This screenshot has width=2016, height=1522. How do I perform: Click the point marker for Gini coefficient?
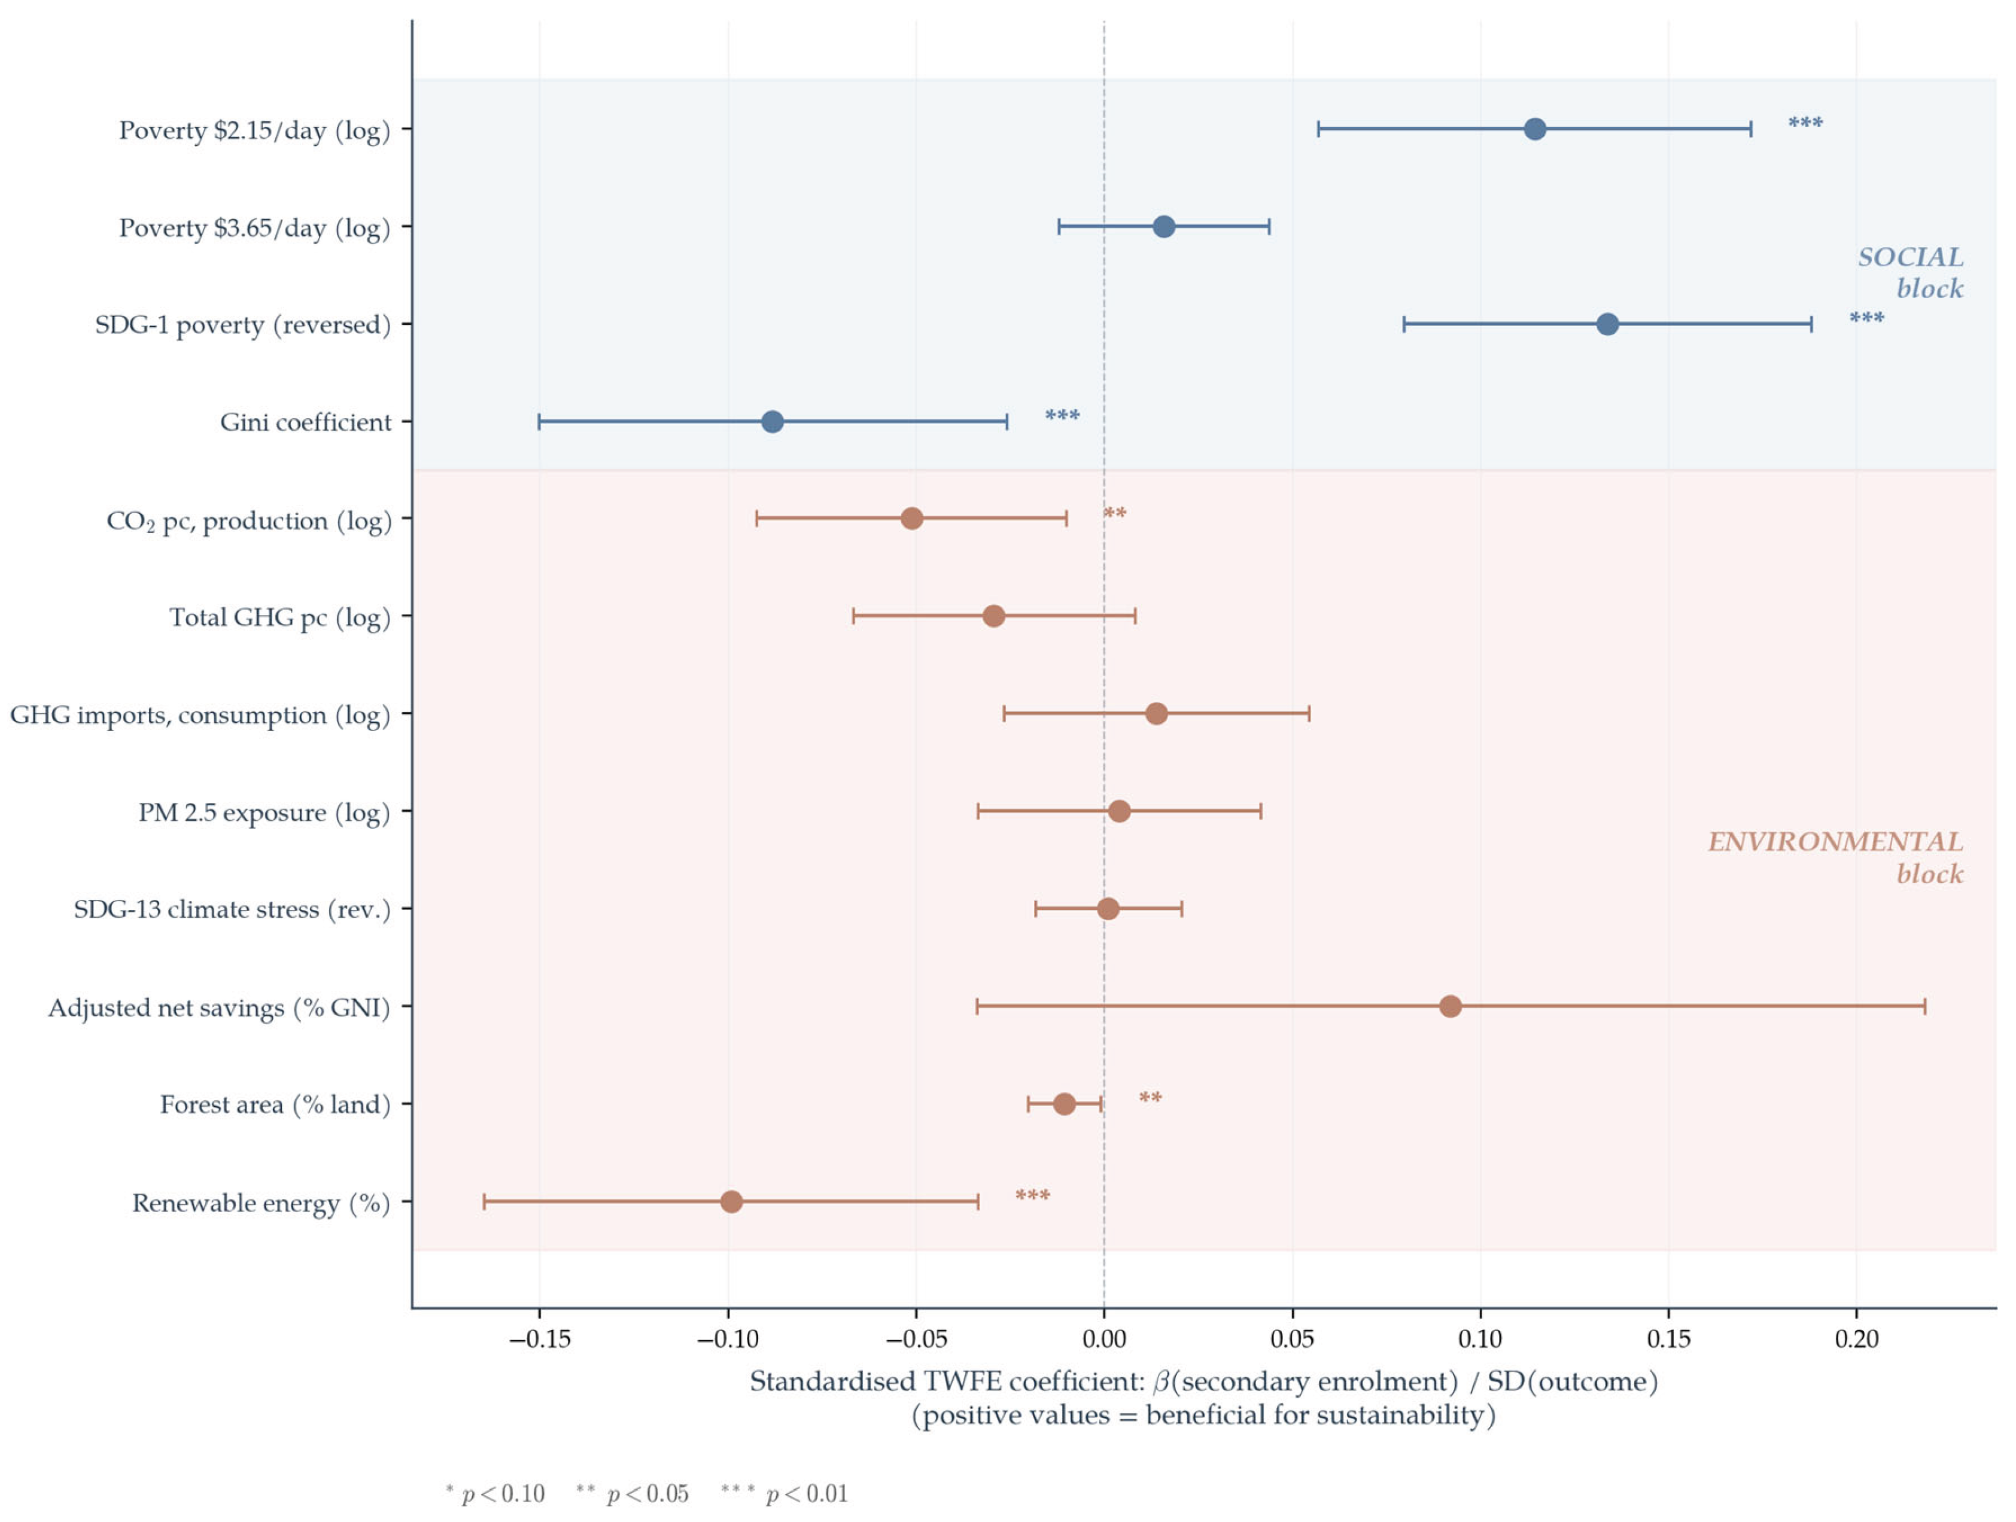(x=772, y=422)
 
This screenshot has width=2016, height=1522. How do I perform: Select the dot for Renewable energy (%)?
(x=731, y=1201)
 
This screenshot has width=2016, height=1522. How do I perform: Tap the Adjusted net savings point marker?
(x=1450, y=1006)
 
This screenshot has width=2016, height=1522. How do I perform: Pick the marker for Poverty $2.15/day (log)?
(x=1535, y=129)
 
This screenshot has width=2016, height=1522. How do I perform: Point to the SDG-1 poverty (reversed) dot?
(x=1608, y=324)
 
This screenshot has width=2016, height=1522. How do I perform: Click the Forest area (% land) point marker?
(x=1063, y=1104)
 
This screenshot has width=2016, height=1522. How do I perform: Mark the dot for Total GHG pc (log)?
(x=993, y=616)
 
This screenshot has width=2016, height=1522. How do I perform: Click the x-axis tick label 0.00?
(x=1103, y=1339)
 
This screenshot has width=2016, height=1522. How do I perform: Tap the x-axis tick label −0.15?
(x=540, y=1339)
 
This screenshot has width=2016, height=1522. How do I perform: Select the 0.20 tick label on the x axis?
(x=1856, y=1339)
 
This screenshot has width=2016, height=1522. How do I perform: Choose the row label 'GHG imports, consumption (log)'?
(x=200, y=714)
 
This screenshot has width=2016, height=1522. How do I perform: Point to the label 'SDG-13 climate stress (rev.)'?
(x=232, y=909)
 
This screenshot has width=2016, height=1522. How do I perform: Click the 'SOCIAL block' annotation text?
(x=1911, y=272)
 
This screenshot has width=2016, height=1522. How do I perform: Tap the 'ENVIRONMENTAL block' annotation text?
(x=1835, y=857)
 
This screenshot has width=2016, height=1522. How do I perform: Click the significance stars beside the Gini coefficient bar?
(x=1062, y=416)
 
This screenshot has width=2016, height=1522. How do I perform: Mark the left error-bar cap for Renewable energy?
(x=484, y=1201)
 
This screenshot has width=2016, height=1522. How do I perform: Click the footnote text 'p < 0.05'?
(x=647, y=1494)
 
